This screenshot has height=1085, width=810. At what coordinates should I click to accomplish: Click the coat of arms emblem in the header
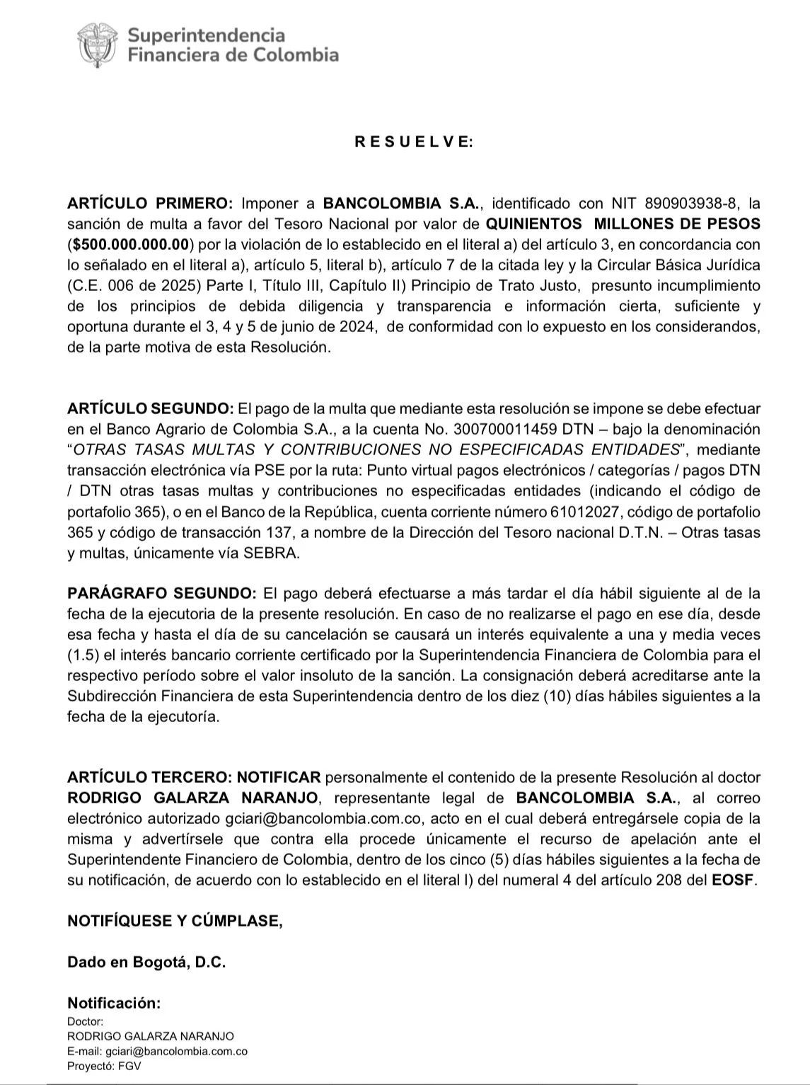click(x=97, y=44)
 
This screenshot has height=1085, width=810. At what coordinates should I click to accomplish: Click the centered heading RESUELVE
click(x=414, y=142)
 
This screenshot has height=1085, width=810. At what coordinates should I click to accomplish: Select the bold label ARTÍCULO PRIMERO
click(x=149, y=204)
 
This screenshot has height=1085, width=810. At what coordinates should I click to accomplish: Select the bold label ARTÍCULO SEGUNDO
click(x=150, y=408)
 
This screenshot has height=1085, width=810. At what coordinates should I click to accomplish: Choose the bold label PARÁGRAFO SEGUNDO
click(x=162, y=593)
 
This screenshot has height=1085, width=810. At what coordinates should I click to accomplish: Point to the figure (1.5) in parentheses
click(x=83, y=655)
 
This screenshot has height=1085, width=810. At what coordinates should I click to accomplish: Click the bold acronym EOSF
click(x=734, y=880)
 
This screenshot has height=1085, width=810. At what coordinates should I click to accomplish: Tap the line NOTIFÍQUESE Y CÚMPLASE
click(x=175, y=921)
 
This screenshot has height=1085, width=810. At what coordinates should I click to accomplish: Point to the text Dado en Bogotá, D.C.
click(x=146, y=962)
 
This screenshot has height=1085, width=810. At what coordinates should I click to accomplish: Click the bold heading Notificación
click(x=114, y=1003)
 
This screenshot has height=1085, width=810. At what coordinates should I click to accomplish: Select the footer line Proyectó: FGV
click(x=104, y=1066)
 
